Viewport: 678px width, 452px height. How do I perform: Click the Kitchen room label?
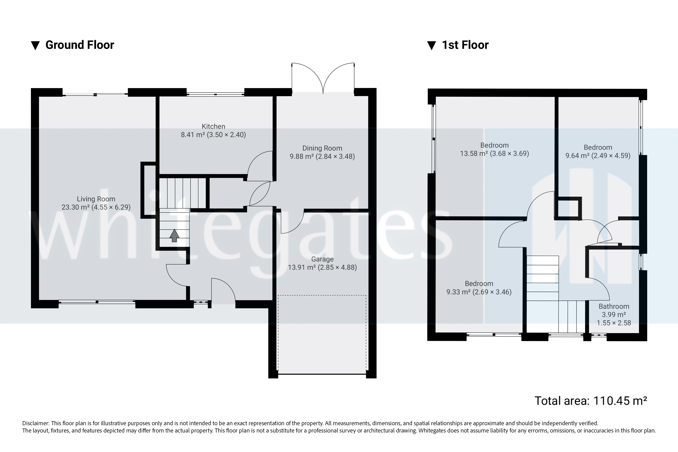(213, 126)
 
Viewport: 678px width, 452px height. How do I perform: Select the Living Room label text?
(96, 199)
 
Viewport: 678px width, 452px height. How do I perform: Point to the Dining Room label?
(322, 148)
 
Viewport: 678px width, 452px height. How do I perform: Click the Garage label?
(322, 259)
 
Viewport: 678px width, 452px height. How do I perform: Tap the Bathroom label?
(614, 306)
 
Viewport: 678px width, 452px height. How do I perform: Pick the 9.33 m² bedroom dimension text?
(479, 292)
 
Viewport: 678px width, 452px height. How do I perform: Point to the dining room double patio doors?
(323, 78)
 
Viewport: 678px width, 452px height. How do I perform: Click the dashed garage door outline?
(322, 295)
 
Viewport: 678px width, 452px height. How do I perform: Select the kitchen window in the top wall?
(215, 94)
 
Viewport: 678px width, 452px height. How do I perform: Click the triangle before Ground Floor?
(35, 46)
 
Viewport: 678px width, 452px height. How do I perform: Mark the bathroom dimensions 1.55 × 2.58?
(614, 323)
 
